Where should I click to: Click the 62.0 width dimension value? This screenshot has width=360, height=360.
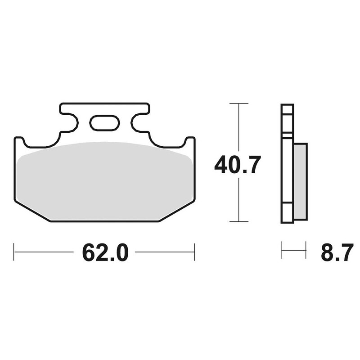tap(105, 253)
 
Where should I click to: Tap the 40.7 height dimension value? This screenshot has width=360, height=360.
tap(237, 165)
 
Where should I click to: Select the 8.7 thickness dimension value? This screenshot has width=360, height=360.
tap(337, 253)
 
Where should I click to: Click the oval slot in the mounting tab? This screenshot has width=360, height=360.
tap(104, 123)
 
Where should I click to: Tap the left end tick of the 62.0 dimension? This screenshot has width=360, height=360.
tap(14, 252)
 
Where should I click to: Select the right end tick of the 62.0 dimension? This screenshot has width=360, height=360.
tap(194, 252)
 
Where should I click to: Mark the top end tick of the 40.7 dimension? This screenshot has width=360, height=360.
tap(238, 104)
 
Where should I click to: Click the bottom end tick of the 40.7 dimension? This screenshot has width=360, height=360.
tap(238, 221)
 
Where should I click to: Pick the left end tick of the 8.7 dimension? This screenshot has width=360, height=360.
tap(282, 250)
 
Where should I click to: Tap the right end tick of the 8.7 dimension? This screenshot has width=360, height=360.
tap(306, 250)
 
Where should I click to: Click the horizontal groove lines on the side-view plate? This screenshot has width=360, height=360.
tap(287, 134)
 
